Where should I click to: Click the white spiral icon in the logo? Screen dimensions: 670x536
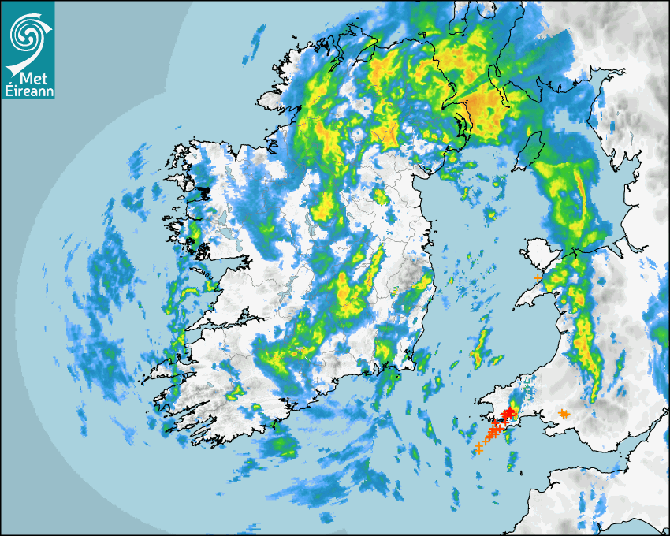(x=28, y=34)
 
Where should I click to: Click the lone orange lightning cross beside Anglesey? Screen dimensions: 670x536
(x=538, y=278)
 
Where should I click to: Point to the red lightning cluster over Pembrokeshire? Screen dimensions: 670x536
(x=509, y=412)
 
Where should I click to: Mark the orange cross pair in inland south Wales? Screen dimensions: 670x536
(x=564, y=414)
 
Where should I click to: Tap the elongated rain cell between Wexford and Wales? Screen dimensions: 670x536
(x=478, y=347)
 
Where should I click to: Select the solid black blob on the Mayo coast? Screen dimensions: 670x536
(x=203, y=191)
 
